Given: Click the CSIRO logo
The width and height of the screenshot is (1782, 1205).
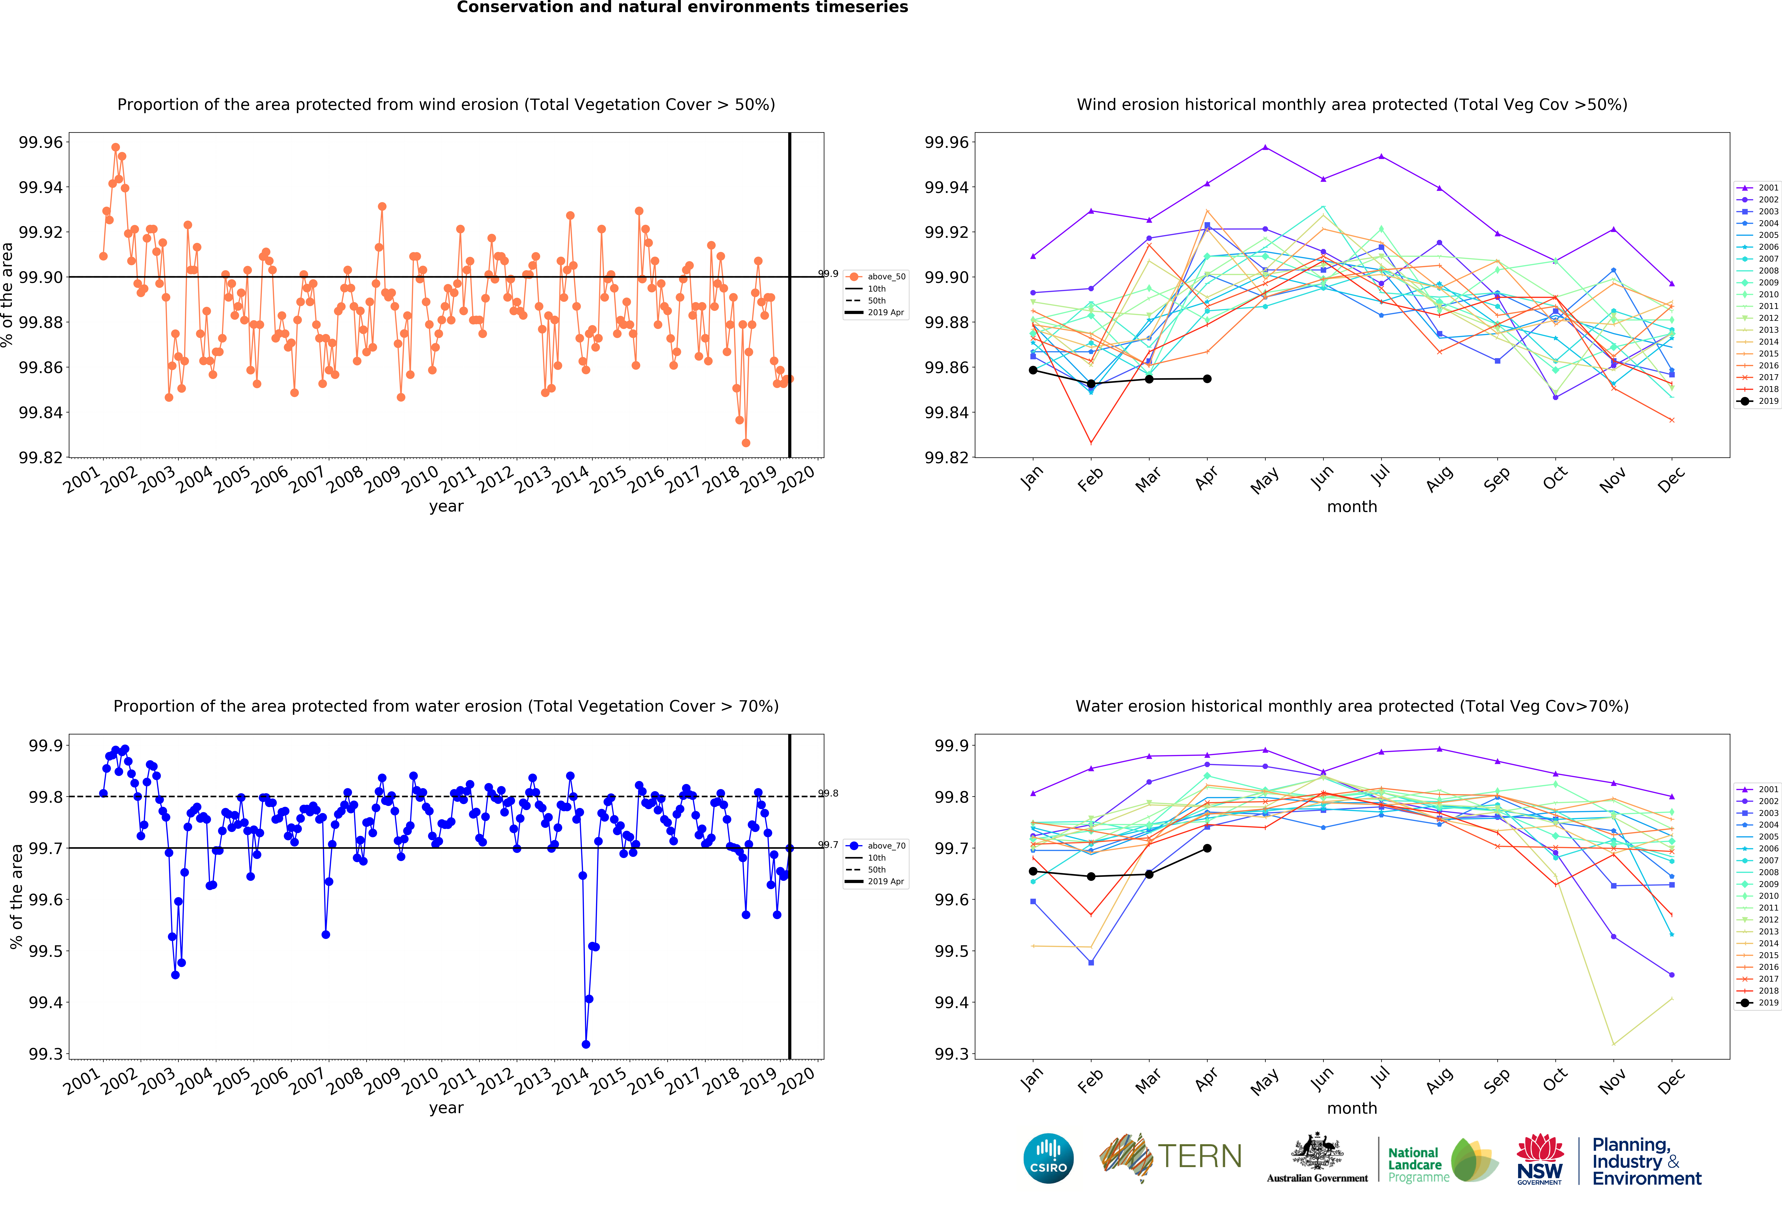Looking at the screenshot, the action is (x=1048, y=1158).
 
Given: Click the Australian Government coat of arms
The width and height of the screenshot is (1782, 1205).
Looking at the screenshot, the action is (x=1317, y=1150).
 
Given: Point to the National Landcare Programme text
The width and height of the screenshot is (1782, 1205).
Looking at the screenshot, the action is (x=1419, y=1164).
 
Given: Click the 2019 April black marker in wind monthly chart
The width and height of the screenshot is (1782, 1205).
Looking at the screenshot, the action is (x=1207, y=379).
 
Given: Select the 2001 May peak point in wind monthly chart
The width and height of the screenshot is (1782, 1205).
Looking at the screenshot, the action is (x=1265, y=147).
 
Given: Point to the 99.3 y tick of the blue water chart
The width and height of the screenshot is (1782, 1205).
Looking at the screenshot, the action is (x=46, y=1054).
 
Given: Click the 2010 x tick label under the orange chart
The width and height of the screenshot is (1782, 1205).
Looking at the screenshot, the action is (x=420, y=479).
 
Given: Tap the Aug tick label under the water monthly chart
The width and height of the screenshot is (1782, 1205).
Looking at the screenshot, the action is (x=1439, y=1080).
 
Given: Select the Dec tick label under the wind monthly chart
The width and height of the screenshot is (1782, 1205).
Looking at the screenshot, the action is (x=1671, y=479).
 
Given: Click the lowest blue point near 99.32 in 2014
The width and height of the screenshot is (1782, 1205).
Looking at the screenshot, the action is (x=586, y=1044).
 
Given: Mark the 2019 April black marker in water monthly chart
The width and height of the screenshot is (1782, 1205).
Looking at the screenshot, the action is (x=1207, y=848).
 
